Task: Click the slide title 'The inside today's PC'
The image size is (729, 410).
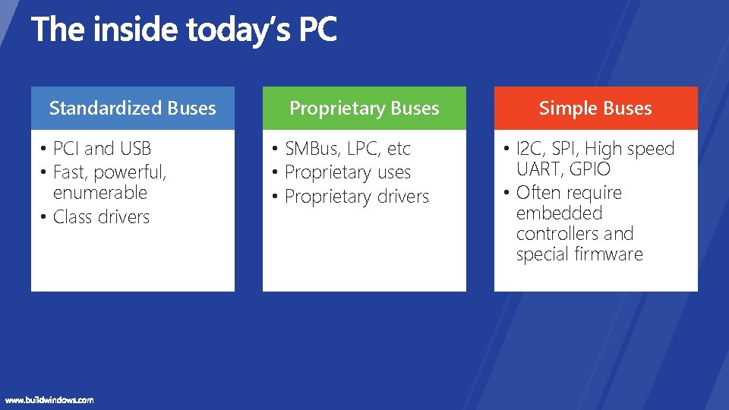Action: [184, 30]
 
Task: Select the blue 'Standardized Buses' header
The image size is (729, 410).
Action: [132, 109]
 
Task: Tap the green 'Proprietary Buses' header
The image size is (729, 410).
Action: [364, 109]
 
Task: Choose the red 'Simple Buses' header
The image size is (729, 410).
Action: [595, 109]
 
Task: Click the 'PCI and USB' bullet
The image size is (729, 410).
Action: [102, 149]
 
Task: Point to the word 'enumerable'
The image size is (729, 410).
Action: [99, 193]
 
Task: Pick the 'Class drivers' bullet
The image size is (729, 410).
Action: [101, 217]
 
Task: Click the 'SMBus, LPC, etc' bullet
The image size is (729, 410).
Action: [347, 149]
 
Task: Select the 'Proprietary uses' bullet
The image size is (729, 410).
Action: [347, 173]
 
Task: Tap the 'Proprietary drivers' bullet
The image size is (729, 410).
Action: [356, 197]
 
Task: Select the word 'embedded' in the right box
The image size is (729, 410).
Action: [559, 213]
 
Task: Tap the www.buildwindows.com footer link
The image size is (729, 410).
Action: [49, 399]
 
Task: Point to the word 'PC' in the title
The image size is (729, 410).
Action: [317, 30]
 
